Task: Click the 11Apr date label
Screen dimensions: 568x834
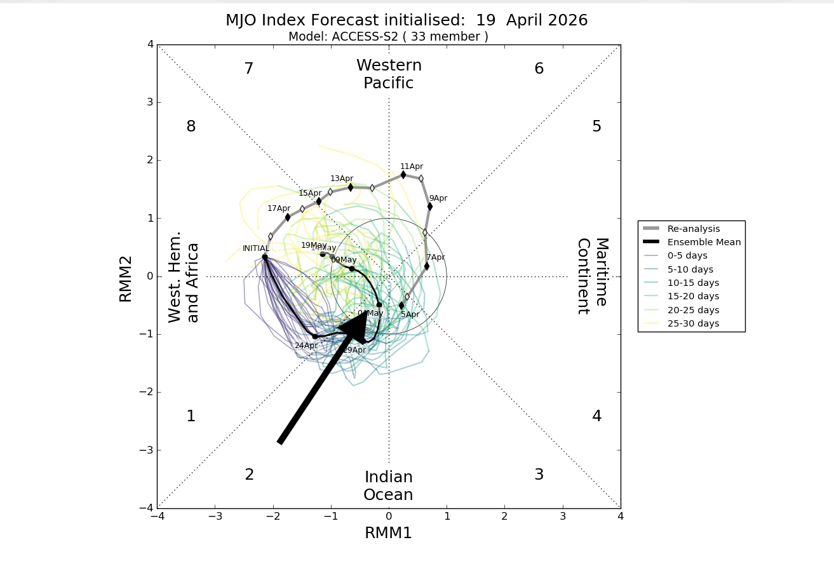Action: coord(412,166)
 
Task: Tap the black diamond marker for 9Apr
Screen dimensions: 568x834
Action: coord(430,206)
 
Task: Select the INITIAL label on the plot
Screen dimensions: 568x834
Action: coord(255,248)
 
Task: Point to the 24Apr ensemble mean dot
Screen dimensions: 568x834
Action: coord(314,336)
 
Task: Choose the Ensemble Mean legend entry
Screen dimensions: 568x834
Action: coord(692,242)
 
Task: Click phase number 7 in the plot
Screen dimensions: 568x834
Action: coord(249,69)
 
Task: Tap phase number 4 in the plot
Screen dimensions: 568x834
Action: coord(596,416)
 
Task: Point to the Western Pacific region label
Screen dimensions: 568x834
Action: coord(389,74)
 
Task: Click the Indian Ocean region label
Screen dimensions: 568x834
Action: coord(389,486)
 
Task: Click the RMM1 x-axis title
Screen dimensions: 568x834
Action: coord(389,533)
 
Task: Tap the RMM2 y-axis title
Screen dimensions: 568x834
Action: coord(126,278)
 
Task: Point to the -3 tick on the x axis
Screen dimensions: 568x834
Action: coord(215,517)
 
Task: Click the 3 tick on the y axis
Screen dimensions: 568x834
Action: coord(150,102)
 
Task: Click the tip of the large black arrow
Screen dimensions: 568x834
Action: coord(367,311)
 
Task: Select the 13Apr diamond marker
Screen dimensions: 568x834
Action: coord(351,187)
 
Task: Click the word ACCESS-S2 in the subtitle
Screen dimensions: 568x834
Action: coord(369,37)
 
